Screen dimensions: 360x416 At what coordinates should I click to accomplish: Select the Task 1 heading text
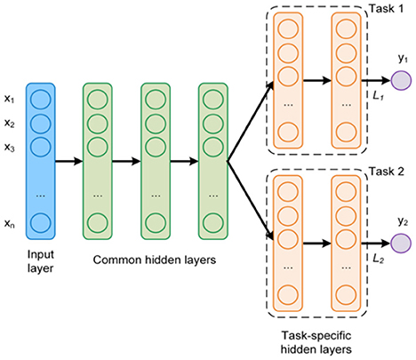click(x=385, y=8)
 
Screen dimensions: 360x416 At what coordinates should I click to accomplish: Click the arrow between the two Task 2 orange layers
click(x=315, y=240)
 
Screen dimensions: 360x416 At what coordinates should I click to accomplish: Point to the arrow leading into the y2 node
click(x=377, y=241)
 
